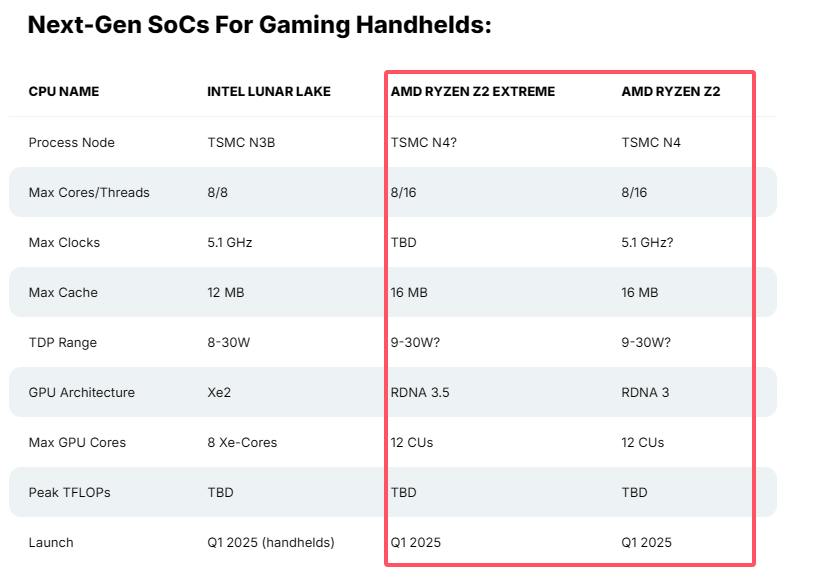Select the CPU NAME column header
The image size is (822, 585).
point(64,92)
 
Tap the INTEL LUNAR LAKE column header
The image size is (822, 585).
point(269,92)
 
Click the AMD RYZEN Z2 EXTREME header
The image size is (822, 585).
point(472,92)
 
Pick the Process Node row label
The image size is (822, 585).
point(72,142)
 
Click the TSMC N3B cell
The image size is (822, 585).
point(241,142)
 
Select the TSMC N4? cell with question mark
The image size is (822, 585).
point(424,142)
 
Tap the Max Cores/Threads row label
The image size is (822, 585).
point(89,192)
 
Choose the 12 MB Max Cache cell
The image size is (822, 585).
point(226,292)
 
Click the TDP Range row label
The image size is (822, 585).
point(63,342)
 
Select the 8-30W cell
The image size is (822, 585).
point(229,342)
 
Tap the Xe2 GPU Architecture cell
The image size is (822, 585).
point(219,392)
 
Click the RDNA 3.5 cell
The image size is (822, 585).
point(420,392)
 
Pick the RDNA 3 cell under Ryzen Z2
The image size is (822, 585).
point(646,392)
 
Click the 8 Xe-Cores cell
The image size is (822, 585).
point(242,442)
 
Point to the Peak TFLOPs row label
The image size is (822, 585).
point(69,492)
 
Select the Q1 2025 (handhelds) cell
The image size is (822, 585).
point(271,542)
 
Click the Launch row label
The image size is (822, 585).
point(51,542)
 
